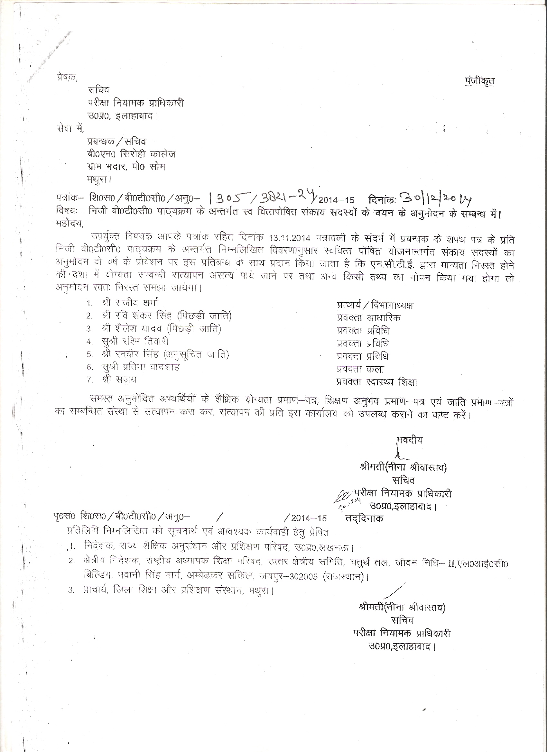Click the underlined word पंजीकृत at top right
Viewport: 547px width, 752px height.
click(479, 80)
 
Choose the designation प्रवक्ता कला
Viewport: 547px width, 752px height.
click(360, 369)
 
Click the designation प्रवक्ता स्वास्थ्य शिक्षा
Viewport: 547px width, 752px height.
click(376, 382)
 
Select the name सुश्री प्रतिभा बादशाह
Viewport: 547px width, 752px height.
click(141, 367)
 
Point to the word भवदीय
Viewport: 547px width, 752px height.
click(409, 440)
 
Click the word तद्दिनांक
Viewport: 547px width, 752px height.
click(364, 518)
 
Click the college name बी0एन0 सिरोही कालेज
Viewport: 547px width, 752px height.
click(131, 154)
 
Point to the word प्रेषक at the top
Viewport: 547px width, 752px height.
click(66, 77)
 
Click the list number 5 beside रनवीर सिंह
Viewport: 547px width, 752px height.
click(89, 355)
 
